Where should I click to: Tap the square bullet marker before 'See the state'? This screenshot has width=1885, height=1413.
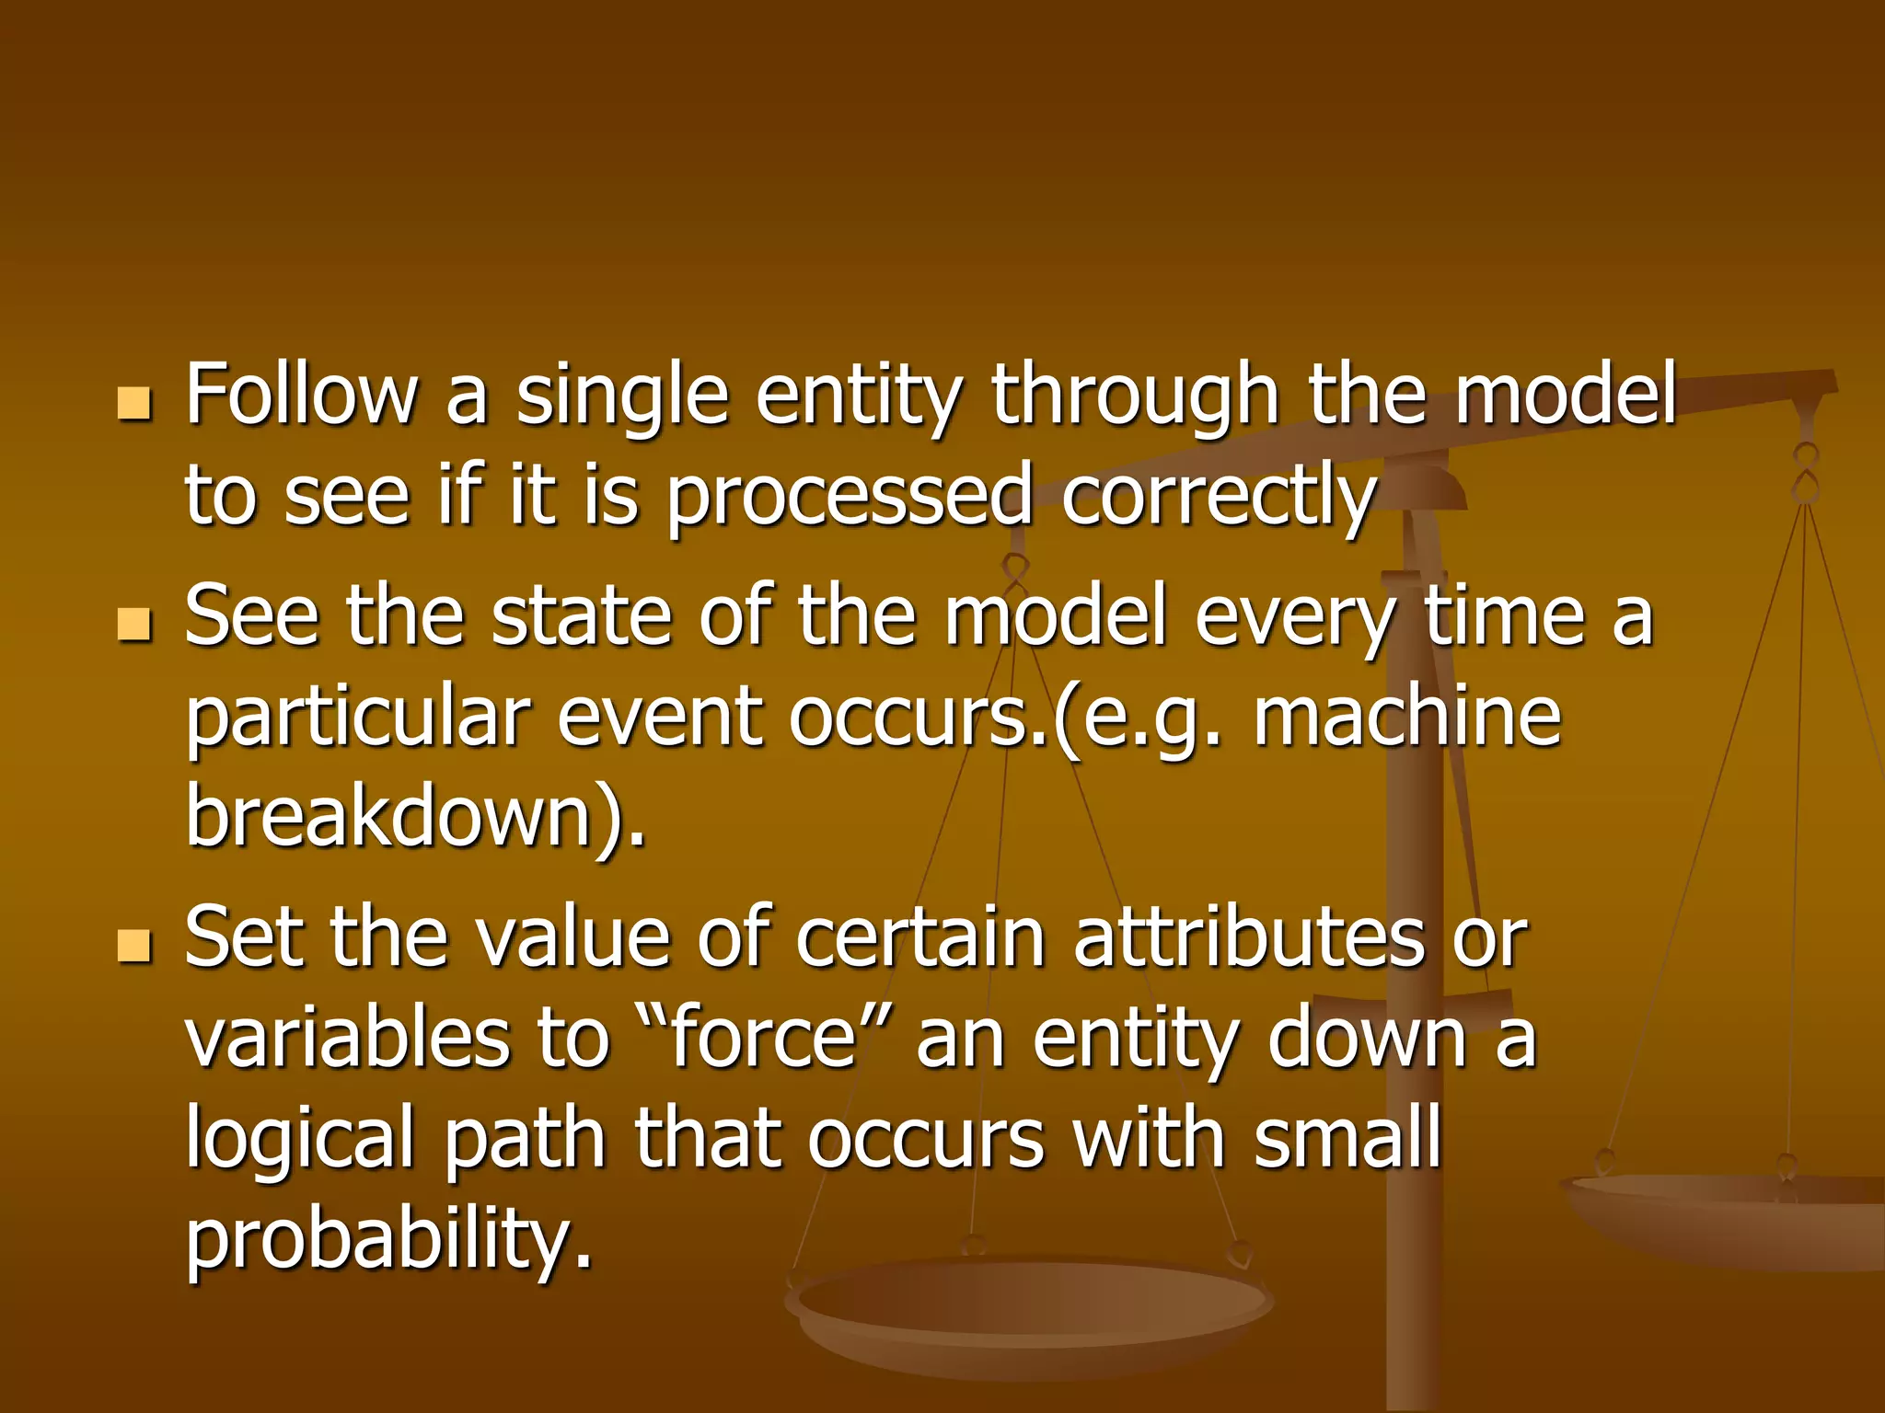coord(134,625)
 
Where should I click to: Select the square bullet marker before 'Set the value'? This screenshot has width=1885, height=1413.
coord(134,945)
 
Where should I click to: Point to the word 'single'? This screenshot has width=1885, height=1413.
coord(622,397)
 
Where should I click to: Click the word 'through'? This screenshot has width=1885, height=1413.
coord(1135,397)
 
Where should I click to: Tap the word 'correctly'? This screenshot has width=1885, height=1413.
coord(1219,499)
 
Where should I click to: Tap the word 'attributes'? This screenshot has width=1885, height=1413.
coord(1248,938)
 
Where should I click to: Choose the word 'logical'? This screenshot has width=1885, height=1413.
coord(301,1141)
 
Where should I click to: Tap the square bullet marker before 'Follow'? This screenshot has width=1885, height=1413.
coord(134,403)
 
